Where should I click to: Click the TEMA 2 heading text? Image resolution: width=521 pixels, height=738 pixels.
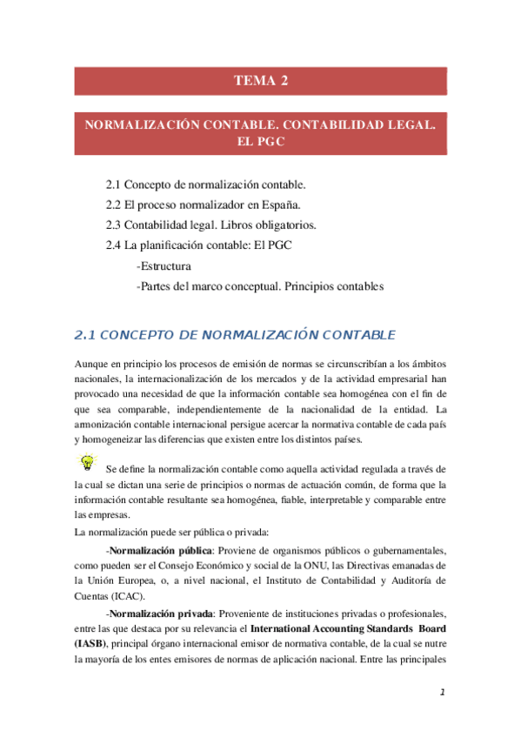click(x=260, y=81)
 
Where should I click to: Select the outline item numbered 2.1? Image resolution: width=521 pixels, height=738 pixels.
click(x=205, y=185)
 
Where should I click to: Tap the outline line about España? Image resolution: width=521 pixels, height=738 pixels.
click(x=203, y=205)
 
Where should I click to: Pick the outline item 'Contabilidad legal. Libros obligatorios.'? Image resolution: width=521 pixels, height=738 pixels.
click(x=210, y=225)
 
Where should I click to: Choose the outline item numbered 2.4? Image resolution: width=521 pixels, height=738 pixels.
click(x=198, y=245)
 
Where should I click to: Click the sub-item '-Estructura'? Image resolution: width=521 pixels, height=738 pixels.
click(x=164, y=266)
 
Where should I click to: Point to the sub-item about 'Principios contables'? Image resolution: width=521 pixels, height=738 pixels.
click(x=260, y=286)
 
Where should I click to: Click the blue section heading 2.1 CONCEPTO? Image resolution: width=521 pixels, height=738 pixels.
click(x=236, y=335)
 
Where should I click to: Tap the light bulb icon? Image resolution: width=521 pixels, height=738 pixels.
click(x=86, y=461)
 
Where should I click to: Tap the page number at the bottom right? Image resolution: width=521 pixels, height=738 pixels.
click(x=442, y=693)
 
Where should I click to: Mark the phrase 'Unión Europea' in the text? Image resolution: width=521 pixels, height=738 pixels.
click(x=129, y=581)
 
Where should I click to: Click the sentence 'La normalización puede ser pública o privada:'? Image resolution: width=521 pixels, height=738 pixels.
click(x=174, y=531)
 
